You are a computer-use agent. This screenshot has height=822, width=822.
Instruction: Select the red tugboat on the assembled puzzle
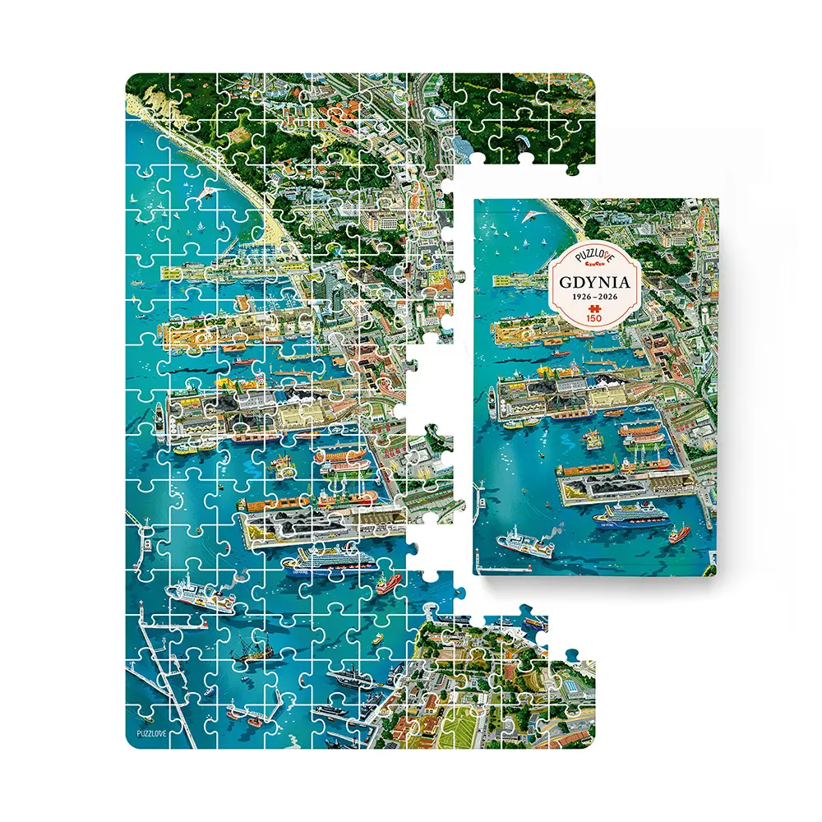tap(385, 587)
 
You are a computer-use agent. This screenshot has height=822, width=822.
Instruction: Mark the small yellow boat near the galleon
tap(377, 638)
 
